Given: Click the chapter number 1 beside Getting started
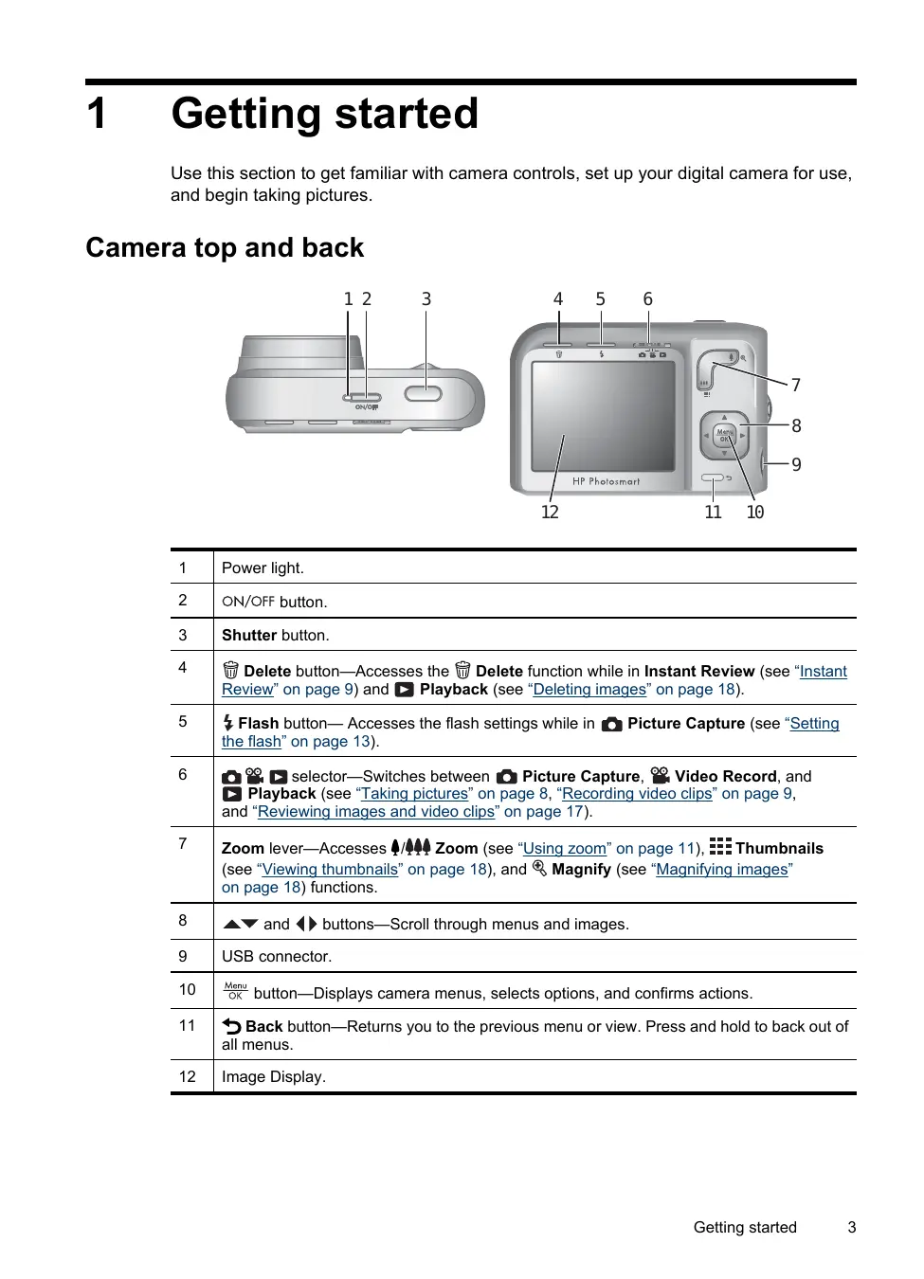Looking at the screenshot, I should click(x=97, y=114).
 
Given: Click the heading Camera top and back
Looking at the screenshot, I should click(x=225, y=248).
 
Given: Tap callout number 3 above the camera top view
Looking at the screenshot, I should click(x=426, y=299).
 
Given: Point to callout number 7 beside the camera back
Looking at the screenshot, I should click(x=796, y=385).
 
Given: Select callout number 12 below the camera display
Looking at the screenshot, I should click(x=550, y=513).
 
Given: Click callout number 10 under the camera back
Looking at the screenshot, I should click(x=755, y=513).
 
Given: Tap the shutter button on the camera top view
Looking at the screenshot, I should click(x=423, y=393).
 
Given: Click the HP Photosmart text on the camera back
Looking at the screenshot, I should click(x=606, y=481).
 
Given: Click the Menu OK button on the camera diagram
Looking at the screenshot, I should click(x=725, y=436).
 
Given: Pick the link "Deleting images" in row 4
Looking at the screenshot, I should click(x=589, y=690).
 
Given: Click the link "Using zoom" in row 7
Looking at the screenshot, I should click(x=565, y=849).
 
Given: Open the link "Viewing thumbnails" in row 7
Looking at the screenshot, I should click(x=330, y=870).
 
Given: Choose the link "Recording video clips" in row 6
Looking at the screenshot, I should click(x=637, y=794).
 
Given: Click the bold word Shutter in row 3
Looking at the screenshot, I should click(x=248, y=636).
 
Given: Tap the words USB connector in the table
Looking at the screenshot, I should click(x=276, y=957).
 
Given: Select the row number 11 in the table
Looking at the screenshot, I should click(x=188, y=1026).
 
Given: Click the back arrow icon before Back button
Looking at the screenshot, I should click(x=231, y=1026).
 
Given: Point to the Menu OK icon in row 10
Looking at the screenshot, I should click(x=235, y=991).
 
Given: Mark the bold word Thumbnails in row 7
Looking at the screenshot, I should click(x=779, y=849).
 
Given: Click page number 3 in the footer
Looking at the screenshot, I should click(x=852, y=1228).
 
